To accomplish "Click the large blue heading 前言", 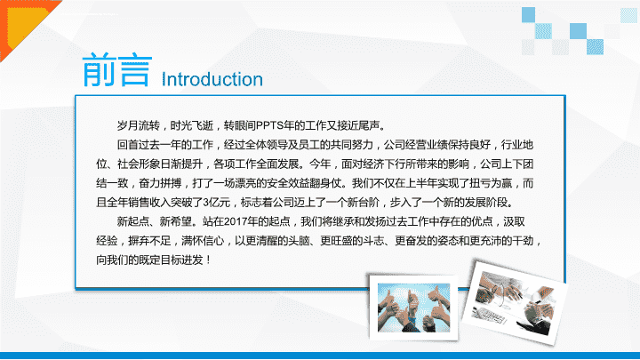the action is click(117, 69).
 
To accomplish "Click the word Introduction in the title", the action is click(212, 79).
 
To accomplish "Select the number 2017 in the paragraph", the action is click(235, 221).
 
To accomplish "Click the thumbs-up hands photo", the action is click(413, 308).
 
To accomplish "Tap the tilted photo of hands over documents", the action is click(515, 302).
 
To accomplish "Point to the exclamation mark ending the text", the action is click(209, 260).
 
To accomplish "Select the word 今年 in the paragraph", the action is click(320, 164).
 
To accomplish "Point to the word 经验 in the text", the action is click(107, 241).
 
